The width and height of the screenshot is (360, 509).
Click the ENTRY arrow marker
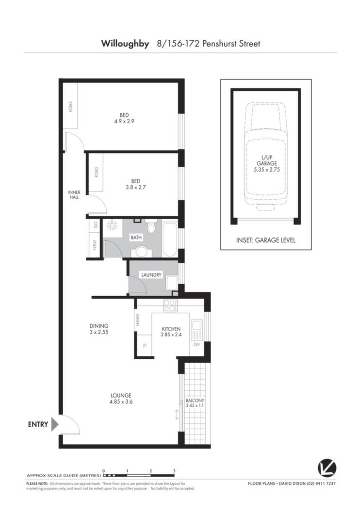click(x=55, y=424)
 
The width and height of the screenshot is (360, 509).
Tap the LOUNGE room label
click(x=121, y=396)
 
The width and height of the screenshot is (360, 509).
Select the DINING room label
click(x=99, y=326)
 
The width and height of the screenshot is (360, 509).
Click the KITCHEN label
click(x=171, y=329)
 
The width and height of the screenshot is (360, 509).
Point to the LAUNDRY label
click(x=151, y=275)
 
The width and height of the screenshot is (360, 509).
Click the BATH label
click(x=136, y=238)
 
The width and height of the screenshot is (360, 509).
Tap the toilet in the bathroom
click(x=151, y=226)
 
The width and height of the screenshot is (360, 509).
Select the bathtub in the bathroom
click(x=169, y=239)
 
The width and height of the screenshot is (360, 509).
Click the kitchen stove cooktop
click(x=171, y=306)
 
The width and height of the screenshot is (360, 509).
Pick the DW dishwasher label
click(x=196, y=344)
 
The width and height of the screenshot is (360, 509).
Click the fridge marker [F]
click(x=145, y=345)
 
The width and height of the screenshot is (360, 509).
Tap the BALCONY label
click(x=195, y=400)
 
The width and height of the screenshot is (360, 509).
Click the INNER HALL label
click(x=74, y=195)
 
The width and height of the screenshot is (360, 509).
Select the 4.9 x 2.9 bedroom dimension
click(x=124, y=121)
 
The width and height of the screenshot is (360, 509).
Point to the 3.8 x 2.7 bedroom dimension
click(x=136, y=187)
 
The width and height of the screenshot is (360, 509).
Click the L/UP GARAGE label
click(x=267, y=160)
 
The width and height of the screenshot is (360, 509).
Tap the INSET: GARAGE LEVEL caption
click(x=266, y=240)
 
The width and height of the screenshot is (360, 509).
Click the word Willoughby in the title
click(x=125, y=44)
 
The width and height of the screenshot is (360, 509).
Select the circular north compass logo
click(x=327, y=468)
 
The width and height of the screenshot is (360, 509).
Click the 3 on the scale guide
click(x=174, y=471)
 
